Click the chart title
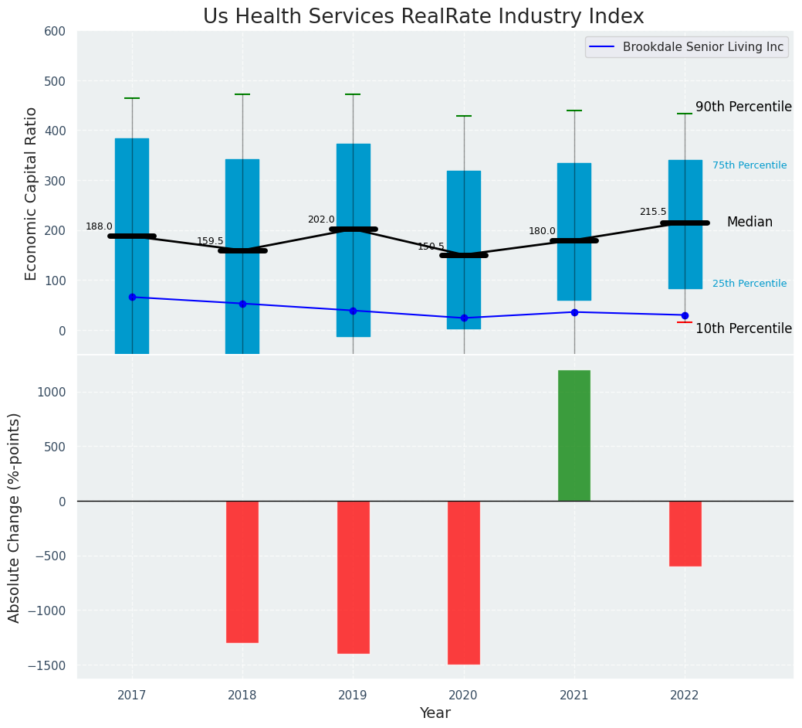[423, 17]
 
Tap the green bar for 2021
[574, 435]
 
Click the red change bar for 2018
[242, 571]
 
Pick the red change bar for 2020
[464, 582]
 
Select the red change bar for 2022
[685, 533]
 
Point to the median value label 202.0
[321, 219]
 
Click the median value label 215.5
[653, 212]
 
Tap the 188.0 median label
[99, 226]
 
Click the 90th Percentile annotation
[743, 107]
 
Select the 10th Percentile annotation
[743, 328]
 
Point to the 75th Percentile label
[750, 165]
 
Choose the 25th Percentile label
[750, 284]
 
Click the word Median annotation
[750, 222]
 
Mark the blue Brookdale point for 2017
[132, 297]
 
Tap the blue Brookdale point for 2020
[464, 318]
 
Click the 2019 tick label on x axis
[353, 696]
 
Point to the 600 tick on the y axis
[60, 31]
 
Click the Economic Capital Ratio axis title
[32, 193]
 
